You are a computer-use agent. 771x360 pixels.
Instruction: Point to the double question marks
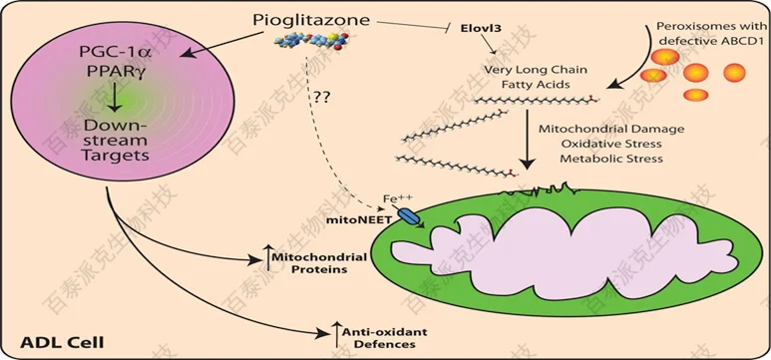322,100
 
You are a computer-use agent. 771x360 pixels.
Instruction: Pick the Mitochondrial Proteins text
305,262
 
